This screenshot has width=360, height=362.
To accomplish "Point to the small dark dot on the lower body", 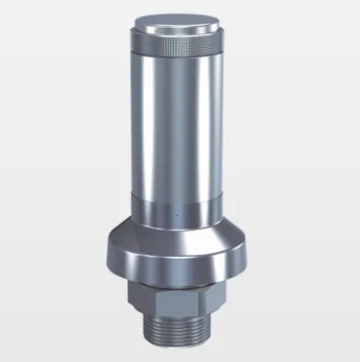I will (175, 217).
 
